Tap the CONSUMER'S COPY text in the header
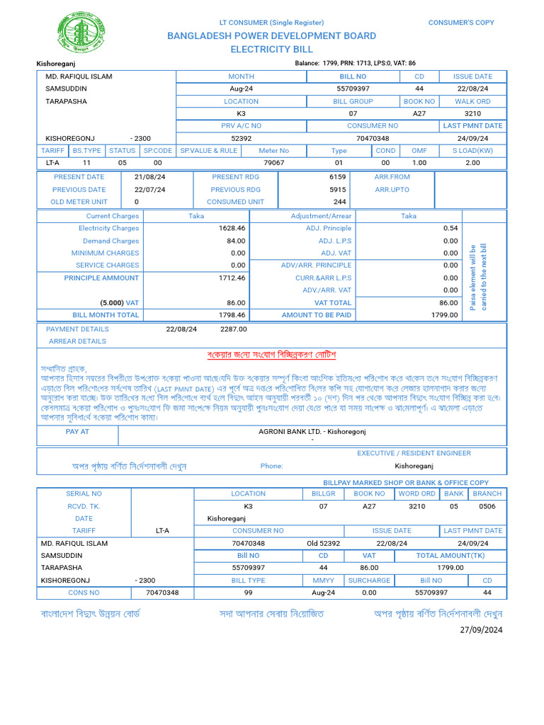461,23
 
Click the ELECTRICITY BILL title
271,50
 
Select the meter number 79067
273,163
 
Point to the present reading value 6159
337,177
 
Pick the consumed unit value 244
339,202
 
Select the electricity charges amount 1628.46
232,229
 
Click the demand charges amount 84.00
235,241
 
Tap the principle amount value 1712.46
232,278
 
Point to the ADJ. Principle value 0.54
450,229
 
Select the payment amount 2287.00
233,329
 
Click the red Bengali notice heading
271,354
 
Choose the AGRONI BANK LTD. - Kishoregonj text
312,431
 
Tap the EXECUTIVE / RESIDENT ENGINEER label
414,453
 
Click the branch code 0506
487,506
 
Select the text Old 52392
323,543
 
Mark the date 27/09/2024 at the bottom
481,629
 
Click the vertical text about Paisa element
478,278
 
